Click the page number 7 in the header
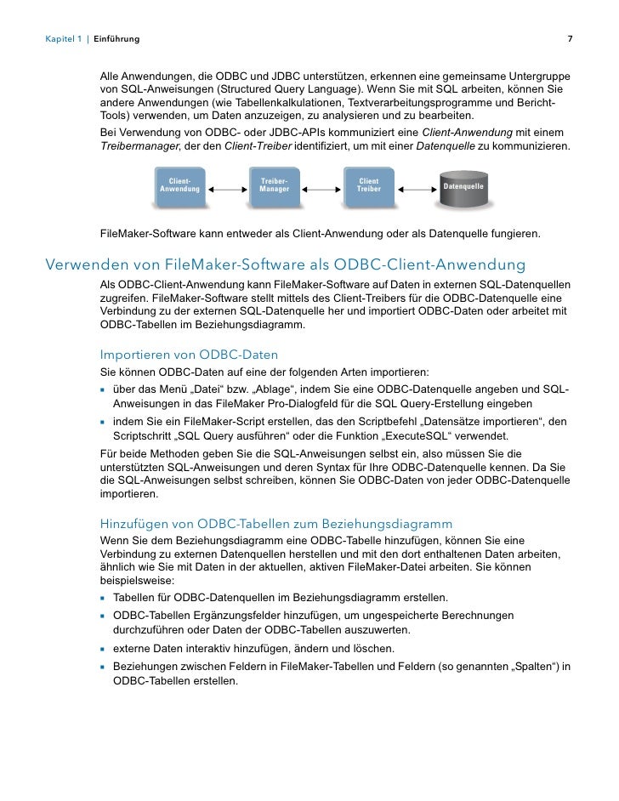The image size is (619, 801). (x=570, y=39)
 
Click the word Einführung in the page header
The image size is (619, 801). (x=116, y=39)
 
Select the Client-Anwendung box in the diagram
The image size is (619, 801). (x=179, y=185)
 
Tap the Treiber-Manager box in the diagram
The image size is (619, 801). (x=274, y=185)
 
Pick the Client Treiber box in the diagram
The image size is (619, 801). (x=368, y=185)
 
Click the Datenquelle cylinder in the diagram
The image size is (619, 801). (x=463, y=186)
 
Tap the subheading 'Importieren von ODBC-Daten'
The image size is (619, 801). (x=189, y=354)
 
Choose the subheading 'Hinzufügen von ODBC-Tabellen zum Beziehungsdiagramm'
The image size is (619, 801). (x=276, y=522)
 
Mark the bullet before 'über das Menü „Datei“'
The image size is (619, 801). (x=103, y=391)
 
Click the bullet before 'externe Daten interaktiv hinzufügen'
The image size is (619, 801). (x=103, y=650)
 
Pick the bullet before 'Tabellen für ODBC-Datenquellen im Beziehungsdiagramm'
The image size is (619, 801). (x=103, y=598)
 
